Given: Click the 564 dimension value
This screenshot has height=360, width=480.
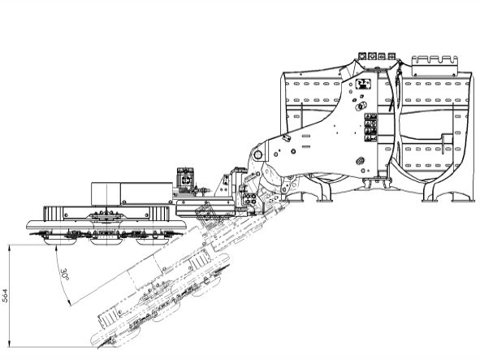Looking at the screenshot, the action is click(x=6, y=296).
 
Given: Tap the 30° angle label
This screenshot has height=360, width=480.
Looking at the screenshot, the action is click(x=65, y=274).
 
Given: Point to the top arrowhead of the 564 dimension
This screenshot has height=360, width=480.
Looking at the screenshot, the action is click(x=10, y=249).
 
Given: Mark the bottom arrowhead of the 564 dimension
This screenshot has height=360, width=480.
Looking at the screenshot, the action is click(x=10, y=344).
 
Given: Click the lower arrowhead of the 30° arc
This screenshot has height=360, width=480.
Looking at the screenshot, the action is click(x=69, y=302).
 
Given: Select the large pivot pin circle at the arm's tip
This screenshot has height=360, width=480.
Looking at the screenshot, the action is click(x=257, y=154).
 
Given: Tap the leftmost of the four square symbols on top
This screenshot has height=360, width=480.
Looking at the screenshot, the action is click(x=362, y=56).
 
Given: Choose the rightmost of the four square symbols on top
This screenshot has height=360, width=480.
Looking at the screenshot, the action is click(x=391, y=56).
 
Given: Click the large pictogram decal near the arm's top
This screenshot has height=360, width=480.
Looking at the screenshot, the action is click(x=363, y=84).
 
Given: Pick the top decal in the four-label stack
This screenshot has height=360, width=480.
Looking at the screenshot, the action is click(x=370, y=117).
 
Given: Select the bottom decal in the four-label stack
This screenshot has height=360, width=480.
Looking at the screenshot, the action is click(x=370, y=139).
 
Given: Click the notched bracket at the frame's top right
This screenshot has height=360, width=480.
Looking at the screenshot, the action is click(x=435, y=65).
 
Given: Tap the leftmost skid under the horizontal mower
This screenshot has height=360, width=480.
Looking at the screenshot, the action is click(x=58, y=241).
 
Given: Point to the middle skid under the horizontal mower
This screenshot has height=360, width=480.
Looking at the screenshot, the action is click(x=106, y=241).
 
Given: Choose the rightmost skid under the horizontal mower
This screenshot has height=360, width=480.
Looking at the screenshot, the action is click(x=151, y=241).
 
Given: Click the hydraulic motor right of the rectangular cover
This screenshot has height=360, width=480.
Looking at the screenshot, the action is click(x=185, y=181).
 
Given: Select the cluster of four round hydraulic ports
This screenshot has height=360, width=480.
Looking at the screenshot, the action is click(x=251, y=198).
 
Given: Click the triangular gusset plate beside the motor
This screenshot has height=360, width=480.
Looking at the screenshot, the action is click(x=222, y=186).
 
